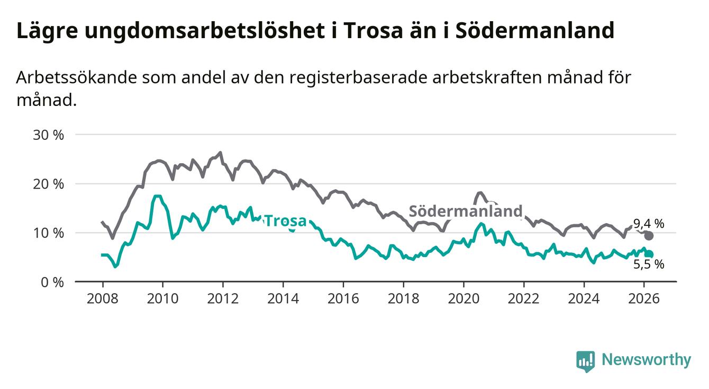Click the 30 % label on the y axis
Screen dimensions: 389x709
tap(48, 135)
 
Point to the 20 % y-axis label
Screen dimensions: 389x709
tap(48, 184)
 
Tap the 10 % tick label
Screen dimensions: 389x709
tap(48, 233)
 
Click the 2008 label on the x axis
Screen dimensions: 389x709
tap(102, 298)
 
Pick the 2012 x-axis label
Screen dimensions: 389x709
tap(222, 298)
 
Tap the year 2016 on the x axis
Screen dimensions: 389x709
tap(343, 298)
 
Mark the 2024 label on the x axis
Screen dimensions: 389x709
tap(584, 298)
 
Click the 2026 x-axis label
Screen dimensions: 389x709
tap(644, 298)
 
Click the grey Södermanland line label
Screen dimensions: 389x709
tap(466, 211)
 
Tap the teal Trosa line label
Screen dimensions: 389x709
tap(285, 220)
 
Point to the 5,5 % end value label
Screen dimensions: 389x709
tap(649, 264)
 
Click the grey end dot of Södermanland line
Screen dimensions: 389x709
tap(649, 236)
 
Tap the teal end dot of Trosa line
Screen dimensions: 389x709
tap(649, 255)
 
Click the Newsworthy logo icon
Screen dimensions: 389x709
tap(585, 361)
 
